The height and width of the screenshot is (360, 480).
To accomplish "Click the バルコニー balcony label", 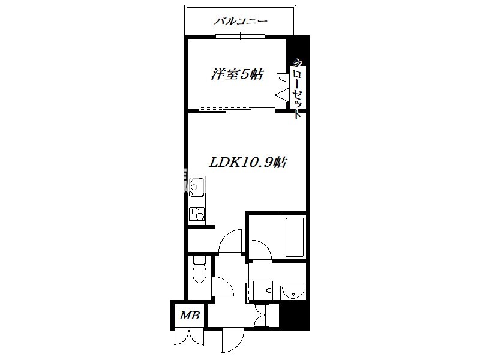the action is click(241, 22).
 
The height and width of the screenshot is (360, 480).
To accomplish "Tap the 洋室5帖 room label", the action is click(237, 74).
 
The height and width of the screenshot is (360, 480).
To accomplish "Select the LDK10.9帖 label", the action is click(248, 162).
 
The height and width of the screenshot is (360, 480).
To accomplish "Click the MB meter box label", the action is click(190, 316).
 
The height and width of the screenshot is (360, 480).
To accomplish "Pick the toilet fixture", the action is click(200, 269).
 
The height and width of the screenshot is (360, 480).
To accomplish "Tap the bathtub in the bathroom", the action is click(295, 237).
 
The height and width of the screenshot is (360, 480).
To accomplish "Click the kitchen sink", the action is click(197, 187).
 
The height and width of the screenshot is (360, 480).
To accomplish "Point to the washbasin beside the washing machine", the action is click(293, 292).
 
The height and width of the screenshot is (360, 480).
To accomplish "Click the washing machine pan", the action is click(263, 290).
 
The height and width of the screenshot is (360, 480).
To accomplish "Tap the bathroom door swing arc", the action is click(262, 251).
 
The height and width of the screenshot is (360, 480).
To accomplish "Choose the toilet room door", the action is click(223, 287).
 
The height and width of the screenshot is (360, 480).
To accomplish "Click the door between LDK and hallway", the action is click(230, 242).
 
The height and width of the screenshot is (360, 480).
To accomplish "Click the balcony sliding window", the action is click(241, 37).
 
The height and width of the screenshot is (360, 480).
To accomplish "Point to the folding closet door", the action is click(283, 88).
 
